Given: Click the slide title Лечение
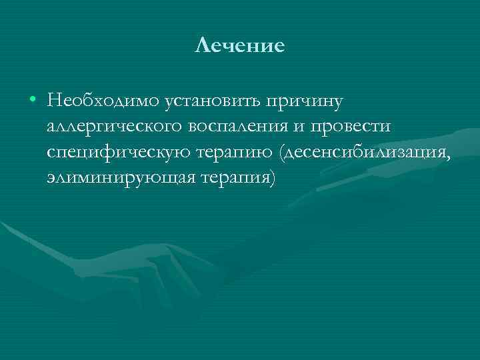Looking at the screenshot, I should point(240,45).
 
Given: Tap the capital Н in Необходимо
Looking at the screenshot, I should point(54,101).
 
